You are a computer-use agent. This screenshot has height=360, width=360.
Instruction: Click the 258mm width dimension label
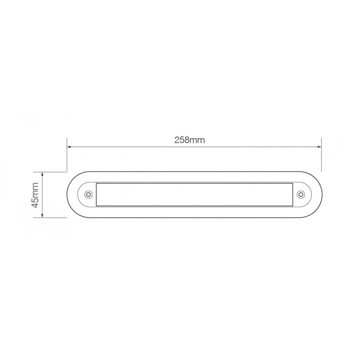[189, 140]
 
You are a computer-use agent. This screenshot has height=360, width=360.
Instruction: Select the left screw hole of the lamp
[88, 194]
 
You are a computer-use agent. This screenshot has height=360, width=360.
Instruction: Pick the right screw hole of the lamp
[301, 194]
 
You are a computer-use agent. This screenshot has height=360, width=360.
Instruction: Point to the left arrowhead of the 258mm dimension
[69, 146]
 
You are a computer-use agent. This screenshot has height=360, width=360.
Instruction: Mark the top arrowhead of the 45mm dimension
[42, 173]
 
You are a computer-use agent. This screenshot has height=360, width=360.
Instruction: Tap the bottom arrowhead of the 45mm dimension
[42, 215]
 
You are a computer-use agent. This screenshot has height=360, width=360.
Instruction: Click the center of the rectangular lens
[194, 194]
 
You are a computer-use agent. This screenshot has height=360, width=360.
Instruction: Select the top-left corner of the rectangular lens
[97, 184]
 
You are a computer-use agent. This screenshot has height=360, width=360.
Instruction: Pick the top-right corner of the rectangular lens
[292, 184]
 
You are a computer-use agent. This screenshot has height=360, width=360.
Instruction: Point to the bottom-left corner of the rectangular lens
[97, 206]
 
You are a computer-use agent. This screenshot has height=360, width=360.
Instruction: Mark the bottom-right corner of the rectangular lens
[292, 206]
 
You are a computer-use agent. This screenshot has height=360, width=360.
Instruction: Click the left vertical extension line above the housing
[67, 155]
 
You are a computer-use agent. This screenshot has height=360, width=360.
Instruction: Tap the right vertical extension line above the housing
[321, 155]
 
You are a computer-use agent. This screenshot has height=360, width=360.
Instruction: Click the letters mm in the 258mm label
[197, 140]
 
